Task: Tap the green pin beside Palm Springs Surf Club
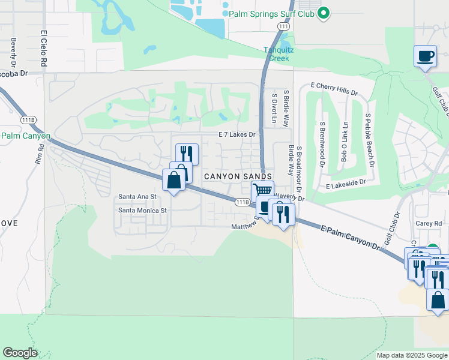[324, 13]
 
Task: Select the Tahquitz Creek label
[277, 54]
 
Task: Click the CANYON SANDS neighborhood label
[242, 176]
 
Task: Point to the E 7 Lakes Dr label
[237, 134]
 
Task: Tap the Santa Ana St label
[137, 196]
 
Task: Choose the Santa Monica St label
[142, 210]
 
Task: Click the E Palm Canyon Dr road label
[351, 237]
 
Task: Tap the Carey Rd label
[429, 223]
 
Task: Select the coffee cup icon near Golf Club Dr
[425, 56]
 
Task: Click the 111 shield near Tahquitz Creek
[284, 26]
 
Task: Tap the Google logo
[19, 353]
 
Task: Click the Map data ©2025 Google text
[412, 355]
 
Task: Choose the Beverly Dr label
[13, 53]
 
